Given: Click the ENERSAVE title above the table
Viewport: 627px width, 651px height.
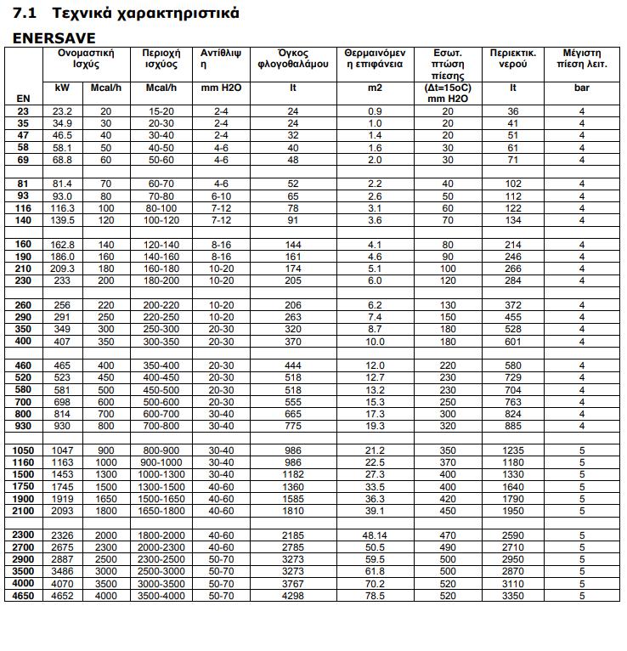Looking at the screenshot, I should point(54,38).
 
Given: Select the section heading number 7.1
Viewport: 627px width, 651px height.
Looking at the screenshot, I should point(25,14).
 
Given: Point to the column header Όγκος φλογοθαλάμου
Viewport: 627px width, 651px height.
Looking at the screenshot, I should point(292,58).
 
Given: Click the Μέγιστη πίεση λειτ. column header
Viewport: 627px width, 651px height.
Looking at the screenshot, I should point(582,58).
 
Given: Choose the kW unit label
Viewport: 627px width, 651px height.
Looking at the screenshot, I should point(62,88).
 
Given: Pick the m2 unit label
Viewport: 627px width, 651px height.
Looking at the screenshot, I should point(375,88).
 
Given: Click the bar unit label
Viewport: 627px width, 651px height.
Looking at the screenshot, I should point(582,88).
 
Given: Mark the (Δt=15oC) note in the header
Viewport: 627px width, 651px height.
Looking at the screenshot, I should point(447,88).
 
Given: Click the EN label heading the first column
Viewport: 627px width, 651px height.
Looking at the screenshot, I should point(23,98).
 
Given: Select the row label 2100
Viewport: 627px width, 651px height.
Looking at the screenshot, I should point(23,511).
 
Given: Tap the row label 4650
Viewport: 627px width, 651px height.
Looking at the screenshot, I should point(23,597).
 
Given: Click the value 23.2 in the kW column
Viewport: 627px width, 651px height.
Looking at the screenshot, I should point(62,111).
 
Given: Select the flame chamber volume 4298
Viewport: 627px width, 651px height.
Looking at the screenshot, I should point(292,597).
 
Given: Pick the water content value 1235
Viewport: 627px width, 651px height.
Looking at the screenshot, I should point(513,450).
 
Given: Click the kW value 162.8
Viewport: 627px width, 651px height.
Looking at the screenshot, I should point(62,244).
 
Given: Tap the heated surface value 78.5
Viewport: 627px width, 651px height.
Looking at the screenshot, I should point(375,597).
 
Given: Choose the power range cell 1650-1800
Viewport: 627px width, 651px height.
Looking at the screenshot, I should point(161,511).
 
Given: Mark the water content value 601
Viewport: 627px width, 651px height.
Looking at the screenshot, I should point(513,341).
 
